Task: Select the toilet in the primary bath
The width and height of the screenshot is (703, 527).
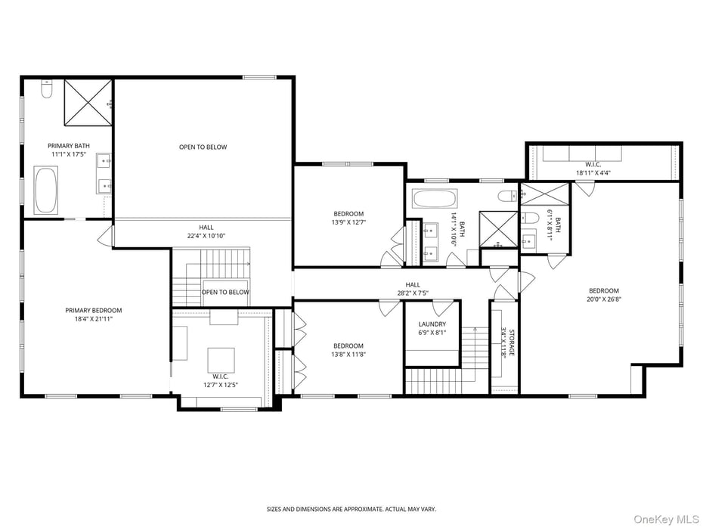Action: coord(46,91)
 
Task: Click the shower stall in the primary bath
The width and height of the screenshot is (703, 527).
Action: coord(87,102)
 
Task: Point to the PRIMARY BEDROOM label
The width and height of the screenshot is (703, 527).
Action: coord(93,311)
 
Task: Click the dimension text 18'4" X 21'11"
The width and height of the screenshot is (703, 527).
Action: coord(93,320)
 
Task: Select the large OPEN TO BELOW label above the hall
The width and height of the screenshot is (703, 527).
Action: coord(203,147)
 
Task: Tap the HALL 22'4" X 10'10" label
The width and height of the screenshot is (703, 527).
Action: coord(206,231)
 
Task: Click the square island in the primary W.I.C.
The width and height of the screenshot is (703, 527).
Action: coord(221,360)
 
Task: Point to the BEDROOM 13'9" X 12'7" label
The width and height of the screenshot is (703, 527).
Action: coord(348,218)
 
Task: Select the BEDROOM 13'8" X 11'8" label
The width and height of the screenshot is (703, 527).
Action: coord(348,350)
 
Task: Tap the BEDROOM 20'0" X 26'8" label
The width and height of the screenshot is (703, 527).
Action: coord(604,295)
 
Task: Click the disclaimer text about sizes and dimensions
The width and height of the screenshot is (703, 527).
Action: coord(351,509)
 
